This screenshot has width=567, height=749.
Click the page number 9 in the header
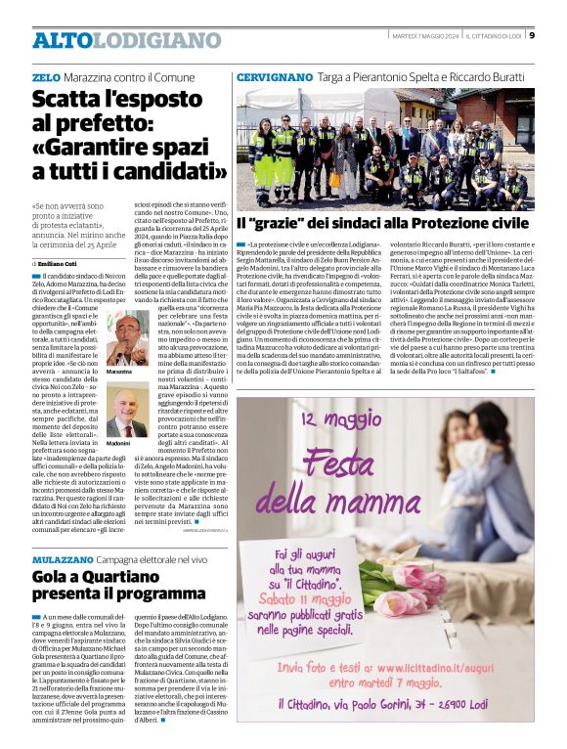[532, 35]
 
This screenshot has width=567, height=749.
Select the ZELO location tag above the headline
[45, 76]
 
